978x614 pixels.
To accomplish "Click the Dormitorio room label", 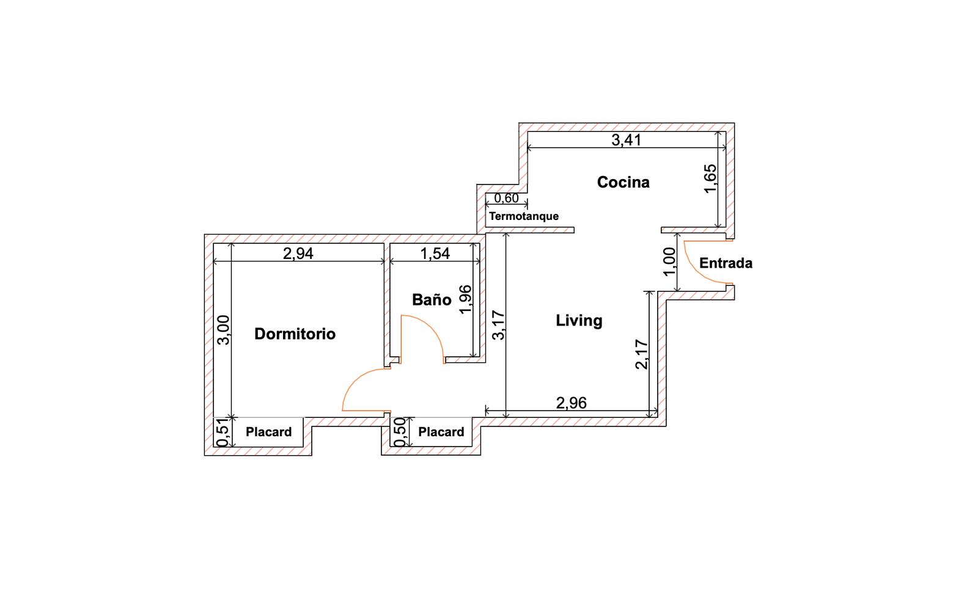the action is tap(295, 334).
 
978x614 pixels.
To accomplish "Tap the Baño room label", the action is tap(432, 300).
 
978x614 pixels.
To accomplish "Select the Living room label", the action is tap(579, 321).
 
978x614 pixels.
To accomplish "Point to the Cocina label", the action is tap(623, 183).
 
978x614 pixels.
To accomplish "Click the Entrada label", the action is tap(726, 263).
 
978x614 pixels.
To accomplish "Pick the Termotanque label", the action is tap(523, 216).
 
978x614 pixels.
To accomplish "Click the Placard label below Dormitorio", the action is tap(268, 432).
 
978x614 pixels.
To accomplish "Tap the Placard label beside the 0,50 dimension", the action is tap(441, 432).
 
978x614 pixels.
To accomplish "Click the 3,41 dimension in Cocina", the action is tap(626, 140).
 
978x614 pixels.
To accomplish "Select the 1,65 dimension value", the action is tap(710, 178).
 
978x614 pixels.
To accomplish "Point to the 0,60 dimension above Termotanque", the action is tap(506, 199).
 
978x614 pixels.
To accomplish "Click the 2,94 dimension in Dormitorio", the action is tap(298, 254).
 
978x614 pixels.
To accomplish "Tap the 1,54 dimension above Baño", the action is tap(435, 254).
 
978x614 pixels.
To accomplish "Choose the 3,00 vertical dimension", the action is tap(223, 331).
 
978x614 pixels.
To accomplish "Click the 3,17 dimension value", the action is tap(498, 325).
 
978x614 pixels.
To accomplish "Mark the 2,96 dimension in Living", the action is tap(571, 403).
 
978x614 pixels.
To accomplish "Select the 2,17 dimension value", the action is tap(642, 355).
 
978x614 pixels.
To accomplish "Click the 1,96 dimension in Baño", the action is tap(466, 299).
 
